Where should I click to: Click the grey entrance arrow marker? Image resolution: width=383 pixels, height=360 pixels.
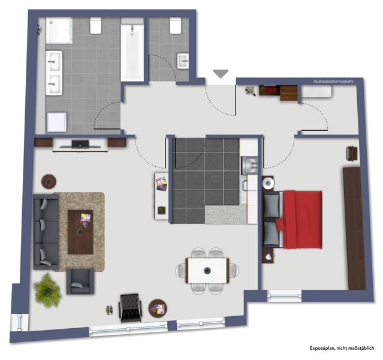(221, 73)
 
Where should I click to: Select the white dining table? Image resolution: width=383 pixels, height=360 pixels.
(207, 271)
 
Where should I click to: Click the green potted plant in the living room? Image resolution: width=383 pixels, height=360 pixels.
(47, 290)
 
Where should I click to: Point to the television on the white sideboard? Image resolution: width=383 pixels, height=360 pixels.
(80, 144)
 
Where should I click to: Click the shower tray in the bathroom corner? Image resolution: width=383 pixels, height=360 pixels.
(59, 31)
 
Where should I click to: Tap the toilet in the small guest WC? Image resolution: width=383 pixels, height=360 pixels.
(176, 25)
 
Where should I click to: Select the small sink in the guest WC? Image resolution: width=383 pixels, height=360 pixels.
(183, 61)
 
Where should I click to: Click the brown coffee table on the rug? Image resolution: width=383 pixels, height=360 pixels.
(80, 232)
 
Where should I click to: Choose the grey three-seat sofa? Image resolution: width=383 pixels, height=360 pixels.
(46, 232)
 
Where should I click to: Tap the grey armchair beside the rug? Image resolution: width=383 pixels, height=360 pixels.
(80, 281)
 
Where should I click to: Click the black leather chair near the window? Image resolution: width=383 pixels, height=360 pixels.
(130, 308)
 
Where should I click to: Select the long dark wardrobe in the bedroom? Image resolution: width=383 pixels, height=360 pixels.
(354, 229)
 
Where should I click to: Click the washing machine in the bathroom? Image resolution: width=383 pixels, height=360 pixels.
(57, 122)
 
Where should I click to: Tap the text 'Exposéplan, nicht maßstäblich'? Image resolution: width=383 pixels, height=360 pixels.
(342, 348)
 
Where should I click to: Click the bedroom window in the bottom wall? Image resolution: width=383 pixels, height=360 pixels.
(284, 296)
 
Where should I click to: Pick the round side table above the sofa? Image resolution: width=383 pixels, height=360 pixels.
(49, 181)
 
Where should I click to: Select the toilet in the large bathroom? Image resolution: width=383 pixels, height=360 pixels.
(96, 25)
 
